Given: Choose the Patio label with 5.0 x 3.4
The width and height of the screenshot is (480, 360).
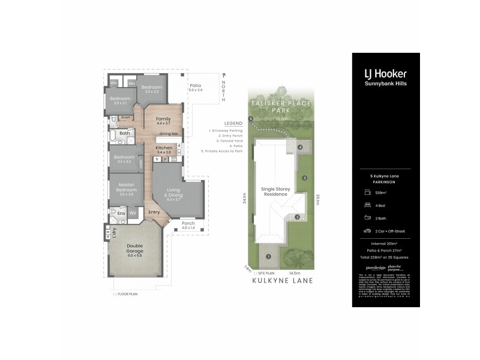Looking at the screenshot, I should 196,88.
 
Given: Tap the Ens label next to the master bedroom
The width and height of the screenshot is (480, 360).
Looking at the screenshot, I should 121,212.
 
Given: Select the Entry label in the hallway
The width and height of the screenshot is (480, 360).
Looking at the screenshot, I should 154,212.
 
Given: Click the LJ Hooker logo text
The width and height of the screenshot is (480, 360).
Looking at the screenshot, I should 385,74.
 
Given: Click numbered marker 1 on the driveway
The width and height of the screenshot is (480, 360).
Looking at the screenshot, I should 268,256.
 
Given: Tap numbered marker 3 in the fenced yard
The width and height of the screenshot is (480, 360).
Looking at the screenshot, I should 304,178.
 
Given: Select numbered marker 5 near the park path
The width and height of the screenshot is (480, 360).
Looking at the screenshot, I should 251,119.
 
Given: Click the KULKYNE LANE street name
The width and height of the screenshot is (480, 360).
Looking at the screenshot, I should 275,280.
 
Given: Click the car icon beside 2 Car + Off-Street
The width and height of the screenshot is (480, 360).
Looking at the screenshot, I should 366,230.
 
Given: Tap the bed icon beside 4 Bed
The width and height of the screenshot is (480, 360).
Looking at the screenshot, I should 366,205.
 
